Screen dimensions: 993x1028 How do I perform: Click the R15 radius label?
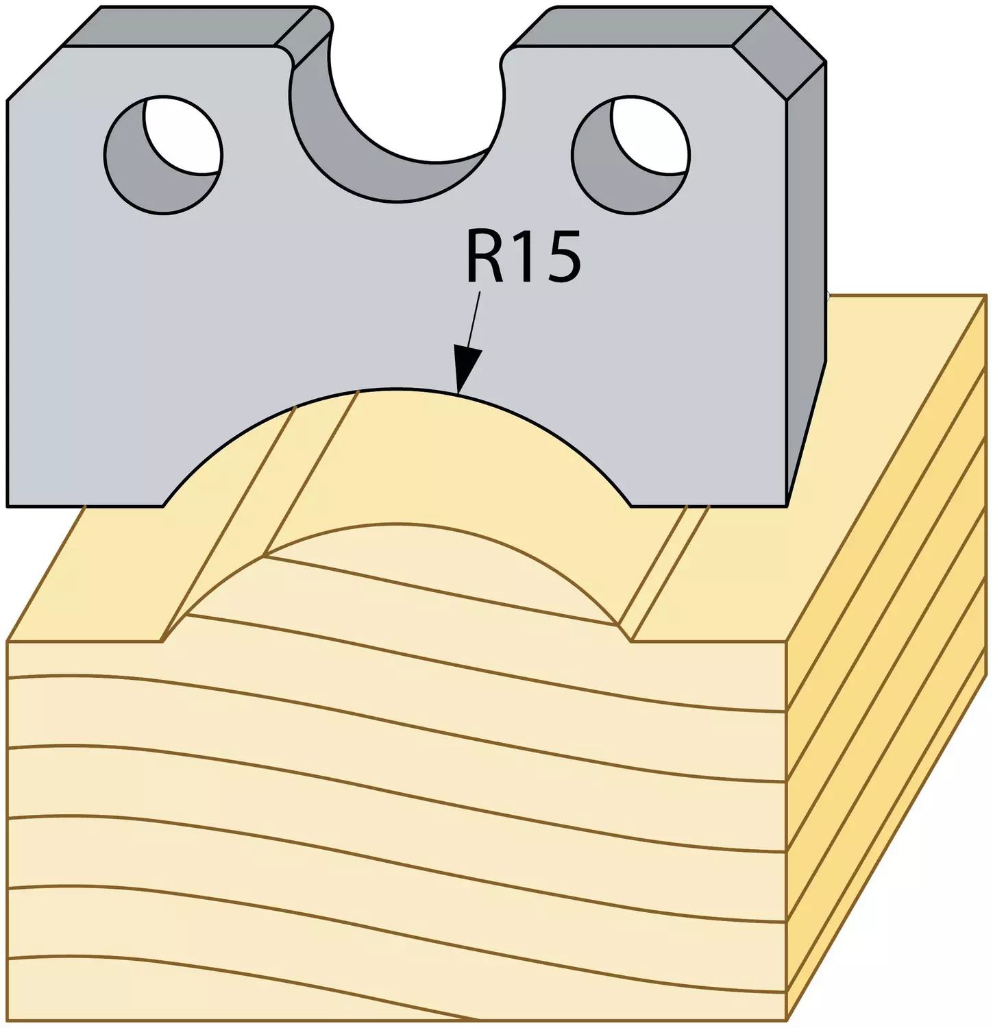pos(524,257)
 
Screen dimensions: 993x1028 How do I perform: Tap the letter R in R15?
pos(486,257)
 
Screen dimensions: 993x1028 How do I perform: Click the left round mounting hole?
pos(163,154)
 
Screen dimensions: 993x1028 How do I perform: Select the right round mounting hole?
pos(630,155)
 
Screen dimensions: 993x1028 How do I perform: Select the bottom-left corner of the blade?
pos(8,506)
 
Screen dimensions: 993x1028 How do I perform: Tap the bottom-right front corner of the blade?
pos(787,506)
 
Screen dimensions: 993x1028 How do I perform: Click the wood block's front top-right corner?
pos(787,642)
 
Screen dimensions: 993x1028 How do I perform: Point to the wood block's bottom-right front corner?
pos(787,1021)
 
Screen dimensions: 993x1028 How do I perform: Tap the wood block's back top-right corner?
pos(986,295)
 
